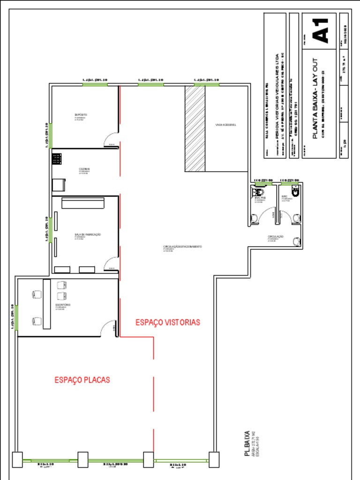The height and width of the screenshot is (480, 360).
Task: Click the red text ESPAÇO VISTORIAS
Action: point(168,322)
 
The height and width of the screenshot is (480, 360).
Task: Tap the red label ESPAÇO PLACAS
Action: point(82,380)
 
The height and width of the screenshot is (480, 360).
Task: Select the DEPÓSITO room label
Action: point(81,115)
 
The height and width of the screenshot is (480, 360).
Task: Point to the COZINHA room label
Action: point(84,169)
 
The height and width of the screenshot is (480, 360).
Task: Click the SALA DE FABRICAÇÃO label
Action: point(88,234)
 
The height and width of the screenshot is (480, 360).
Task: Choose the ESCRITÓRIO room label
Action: point(63,305)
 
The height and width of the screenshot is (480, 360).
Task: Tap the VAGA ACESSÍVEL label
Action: point(225,125)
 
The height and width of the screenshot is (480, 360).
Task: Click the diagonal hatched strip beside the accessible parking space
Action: point(195,128)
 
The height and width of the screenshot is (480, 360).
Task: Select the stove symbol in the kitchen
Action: point(57,158)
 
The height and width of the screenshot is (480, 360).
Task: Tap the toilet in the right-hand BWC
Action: point(295,190)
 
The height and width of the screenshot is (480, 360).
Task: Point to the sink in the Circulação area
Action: point(296,241)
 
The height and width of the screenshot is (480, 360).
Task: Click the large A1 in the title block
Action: point(324,31)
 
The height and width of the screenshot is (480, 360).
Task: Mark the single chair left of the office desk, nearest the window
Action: point(36,321)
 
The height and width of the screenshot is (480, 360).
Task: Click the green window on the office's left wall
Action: point(16,317)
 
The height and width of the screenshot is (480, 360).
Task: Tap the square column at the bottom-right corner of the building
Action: point(214,459)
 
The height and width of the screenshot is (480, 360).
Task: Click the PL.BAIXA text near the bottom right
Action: point(247,443)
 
